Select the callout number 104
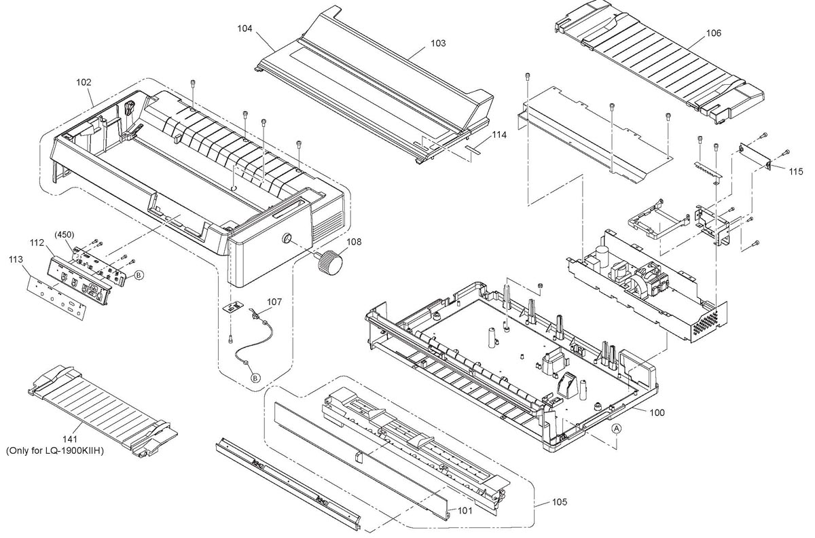(x=245, y=29)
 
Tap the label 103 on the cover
(x=438, y=43)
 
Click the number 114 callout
(x=499, y=135)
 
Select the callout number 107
(x=274, y=301)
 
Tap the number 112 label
(x=37, y=242)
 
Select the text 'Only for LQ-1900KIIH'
(x=54, y=450)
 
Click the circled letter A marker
(x=616, y=429)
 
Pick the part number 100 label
(x=657, y=412)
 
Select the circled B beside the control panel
(x=138, y=275)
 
